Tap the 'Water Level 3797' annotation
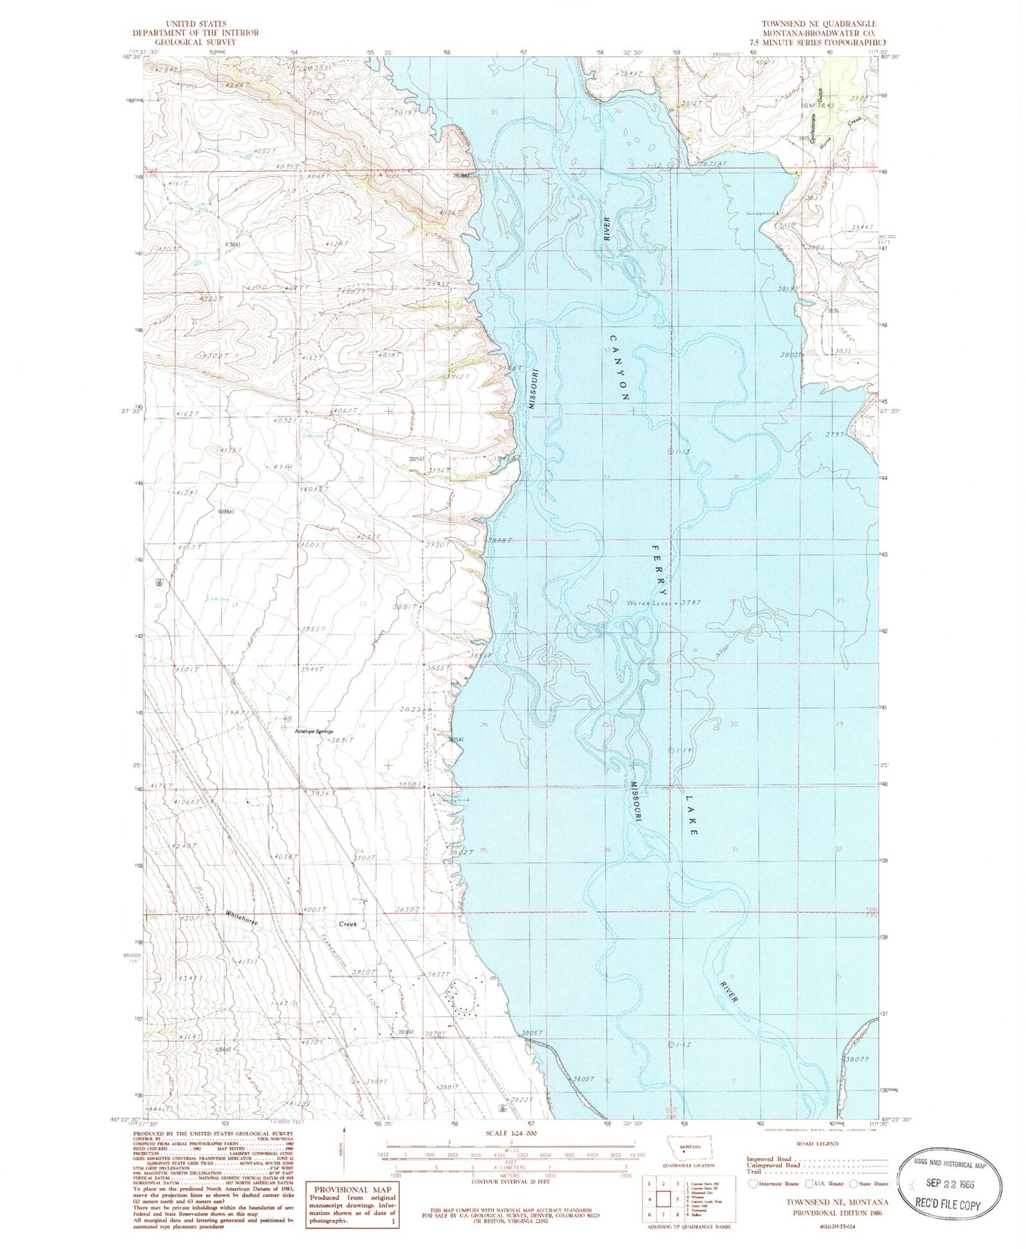(663, 603)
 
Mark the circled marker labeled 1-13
(671, 451)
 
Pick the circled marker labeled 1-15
(672, 1044)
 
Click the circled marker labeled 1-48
(285, 728)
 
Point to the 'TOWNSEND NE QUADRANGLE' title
(819, 24)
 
